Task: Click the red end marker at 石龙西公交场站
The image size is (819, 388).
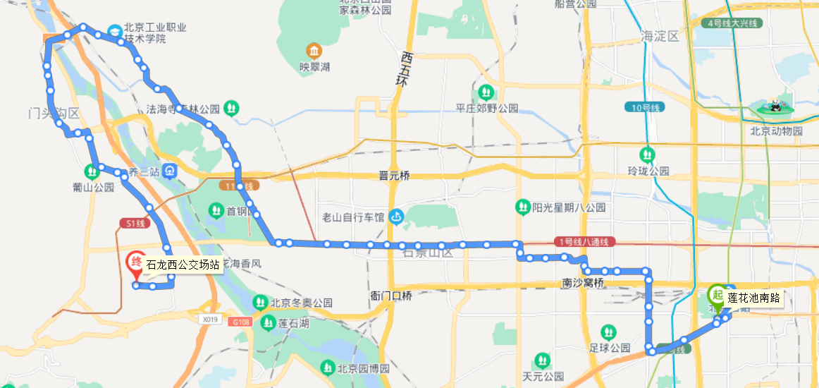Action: [135, 264]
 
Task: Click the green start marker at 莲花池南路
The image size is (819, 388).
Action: [717, 296]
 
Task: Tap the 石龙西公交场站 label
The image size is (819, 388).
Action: [182, 265]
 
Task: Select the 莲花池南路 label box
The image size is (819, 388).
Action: [753, 298]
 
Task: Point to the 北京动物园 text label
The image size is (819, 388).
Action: [776, 131]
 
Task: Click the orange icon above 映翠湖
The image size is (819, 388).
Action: [314, 51]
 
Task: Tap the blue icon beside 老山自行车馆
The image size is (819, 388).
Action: [397, 217]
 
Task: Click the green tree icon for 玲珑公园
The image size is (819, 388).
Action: [647, 154]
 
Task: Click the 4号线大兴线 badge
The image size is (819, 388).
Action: [732, 23]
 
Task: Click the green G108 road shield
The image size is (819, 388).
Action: [239, 322]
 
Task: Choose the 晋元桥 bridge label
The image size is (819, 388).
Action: [394, 176]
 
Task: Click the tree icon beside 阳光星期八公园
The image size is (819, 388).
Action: [522, 207]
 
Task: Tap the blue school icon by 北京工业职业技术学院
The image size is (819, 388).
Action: [114, 32]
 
